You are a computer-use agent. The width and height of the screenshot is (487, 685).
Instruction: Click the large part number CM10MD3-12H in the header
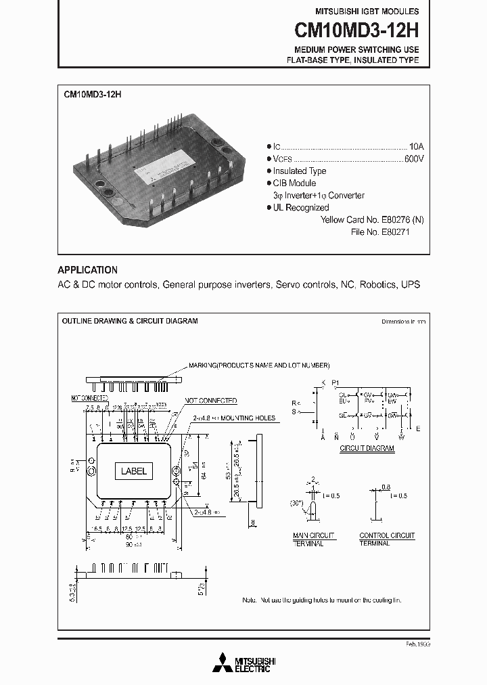click(x=356, y=30)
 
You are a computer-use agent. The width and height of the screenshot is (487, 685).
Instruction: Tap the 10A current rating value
click(x=416, y=146)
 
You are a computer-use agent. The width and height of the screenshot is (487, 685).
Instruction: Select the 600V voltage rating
click(x=413, y=158)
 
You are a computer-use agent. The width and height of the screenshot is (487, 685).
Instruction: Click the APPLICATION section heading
click(x=87, y=269)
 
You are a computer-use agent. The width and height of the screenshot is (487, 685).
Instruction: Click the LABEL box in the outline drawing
click(x=133, y=471)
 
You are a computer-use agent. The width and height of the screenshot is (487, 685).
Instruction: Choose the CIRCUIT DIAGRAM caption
click(x=367, y=449)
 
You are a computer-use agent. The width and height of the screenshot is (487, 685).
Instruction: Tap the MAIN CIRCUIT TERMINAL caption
click(x=308, y=539)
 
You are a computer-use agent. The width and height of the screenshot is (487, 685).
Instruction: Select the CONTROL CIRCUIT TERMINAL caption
click(x=387, y=539)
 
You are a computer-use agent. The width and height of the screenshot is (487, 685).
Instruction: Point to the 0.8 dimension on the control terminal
click(x=386, y=485)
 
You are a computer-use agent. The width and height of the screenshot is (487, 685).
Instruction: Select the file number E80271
click(x=391, y=231)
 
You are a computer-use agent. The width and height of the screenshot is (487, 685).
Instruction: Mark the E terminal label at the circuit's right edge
click(x=418, y=428)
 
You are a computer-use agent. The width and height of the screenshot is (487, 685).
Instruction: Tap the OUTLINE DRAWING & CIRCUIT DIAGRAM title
click(x=130, y=322)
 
